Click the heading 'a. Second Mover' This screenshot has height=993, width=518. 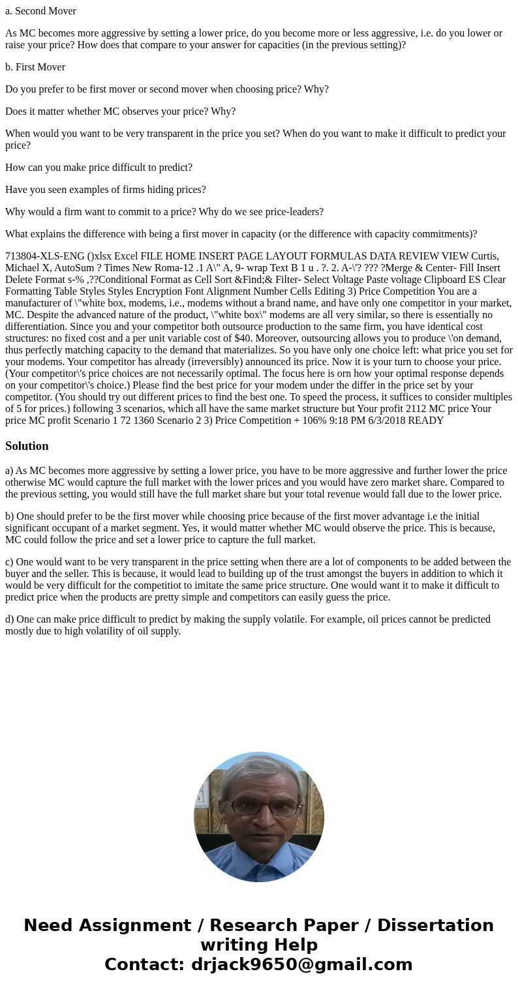40,11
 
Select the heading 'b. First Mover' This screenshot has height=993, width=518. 35,67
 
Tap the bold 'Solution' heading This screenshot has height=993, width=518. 27,446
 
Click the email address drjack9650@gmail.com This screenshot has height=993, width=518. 301,964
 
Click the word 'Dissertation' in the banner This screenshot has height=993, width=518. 435,925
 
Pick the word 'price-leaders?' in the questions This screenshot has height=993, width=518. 292,212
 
